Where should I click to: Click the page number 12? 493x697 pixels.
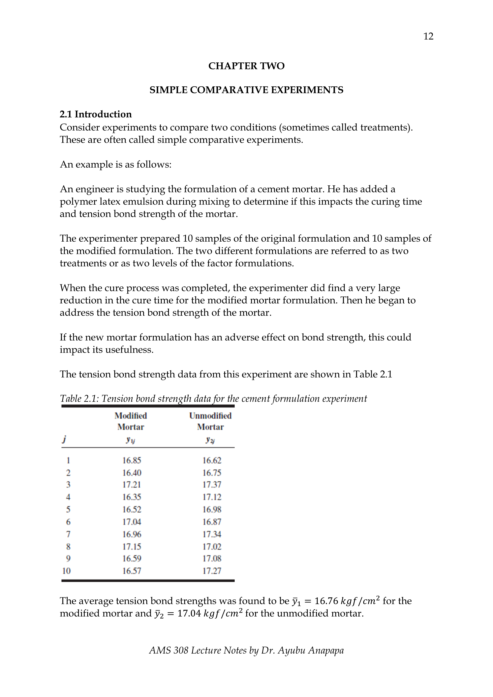pyautogui.click(x=428, y=36)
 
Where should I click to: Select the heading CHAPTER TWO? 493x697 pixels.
pyautogui.click(x=246, y=66)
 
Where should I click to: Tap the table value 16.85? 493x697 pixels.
pyautogui.click(x=132, y=461)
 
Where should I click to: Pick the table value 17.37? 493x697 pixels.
pyautogui.click(x=212, y=485)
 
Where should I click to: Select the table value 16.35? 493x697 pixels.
pyautogui.click(x=132, y=497)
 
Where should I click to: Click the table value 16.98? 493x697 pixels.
pyautogui.click(x=212, y=509)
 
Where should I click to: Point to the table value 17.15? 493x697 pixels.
pyautogui.click(x=132, y=546)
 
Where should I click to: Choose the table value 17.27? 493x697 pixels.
pyautogui.click(x=212, y=571)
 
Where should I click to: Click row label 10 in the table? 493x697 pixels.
pyautogui.click(x=67, y=571)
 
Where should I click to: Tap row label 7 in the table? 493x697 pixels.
pyautogui.click(x=68, y=534)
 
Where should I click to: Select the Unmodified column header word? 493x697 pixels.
pyautogui.click(x=210, y=416)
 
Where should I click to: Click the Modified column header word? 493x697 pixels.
pyautogui.click(x=131, y=416)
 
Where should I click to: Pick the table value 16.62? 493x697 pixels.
pyautogui.click(x=212, y=461)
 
